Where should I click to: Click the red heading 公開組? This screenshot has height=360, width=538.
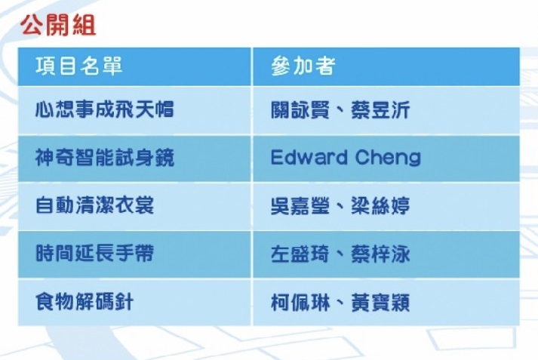pos(58,25)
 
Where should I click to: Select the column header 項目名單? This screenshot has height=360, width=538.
pos(79,66)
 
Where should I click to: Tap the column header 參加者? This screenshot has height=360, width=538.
pos(303,66)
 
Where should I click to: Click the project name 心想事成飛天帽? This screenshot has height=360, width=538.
pos(105,109)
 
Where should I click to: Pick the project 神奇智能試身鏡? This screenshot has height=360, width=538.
pos(105,158)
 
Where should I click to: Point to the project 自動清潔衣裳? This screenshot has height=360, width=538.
pos(95,205)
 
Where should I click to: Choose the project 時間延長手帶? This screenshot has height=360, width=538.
pos(95,254)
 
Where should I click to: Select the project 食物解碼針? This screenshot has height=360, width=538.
pos(85,302)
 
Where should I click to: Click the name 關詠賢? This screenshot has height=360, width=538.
pos(300,110)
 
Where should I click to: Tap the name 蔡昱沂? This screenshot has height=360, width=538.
pos(380,110)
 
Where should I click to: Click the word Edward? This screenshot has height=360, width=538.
pos(309,157)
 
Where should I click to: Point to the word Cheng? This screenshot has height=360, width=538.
pos(388,158)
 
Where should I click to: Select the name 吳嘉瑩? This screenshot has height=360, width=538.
pos(300,206)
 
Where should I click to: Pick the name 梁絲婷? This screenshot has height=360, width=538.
pos(380,206)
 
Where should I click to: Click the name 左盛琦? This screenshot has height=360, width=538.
pos(300,254)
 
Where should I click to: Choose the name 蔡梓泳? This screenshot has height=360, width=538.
pos(380,254)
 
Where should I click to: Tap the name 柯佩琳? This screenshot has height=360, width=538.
pos(300,303)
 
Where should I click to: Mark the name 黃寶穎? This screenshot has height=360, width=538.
pos(380,303)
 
